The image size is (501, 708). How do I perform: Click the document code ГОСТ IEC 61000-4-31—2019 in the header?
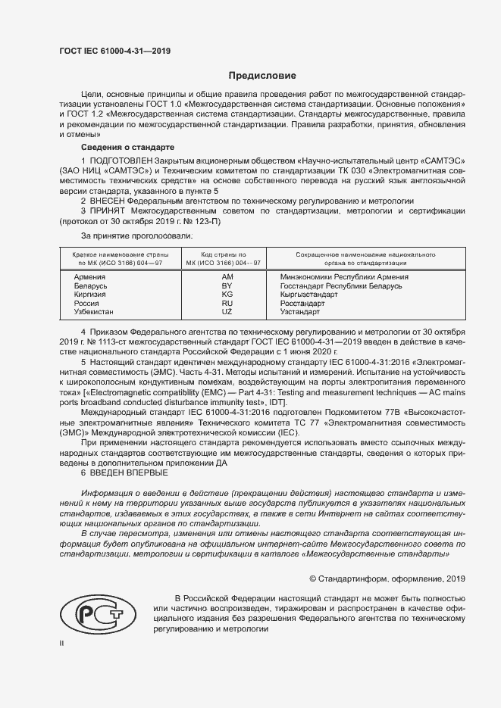[114, 51]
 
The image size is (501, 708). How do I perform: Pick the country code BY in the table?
[227, 285]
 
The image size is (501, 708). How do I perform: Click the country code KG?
[227, 295]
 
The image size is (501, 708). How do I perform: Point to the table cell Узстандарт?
[300, 312]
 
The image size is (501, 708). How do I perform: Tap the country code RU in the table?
[227, 303]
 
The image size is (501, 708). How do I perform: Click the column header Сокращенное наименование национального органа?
[360, 258]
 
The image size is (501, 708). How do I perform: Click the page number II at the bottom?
[61, 643]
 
